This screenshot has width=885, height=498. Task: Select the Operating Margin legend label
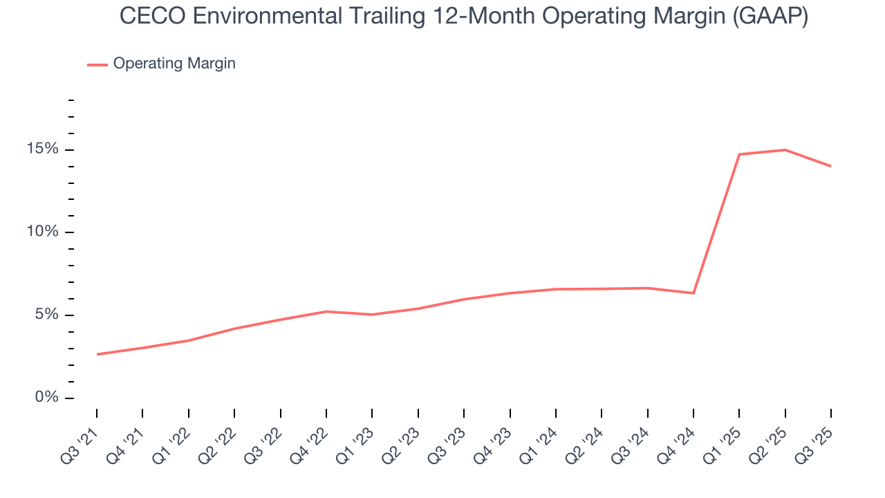[174, 64]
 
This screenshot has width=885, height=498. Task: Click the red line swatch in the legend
[97, 64]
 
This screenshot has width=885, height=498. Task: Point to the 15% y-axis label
[44, 149]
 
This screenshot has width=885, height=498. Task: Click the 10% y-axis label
[44, 232]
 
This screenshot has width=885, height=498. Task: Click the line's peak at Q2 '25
[785, 149]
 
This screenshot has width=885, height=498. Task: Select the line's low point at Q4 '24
[693, 293]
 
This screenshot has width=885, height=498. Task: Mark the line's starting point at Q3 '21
[97, 354]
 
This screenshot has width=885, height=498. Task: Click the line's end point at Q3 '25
[830, 166]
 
